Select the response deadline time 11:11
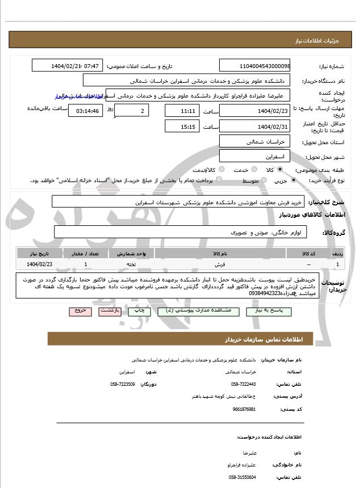click(x=182, y=111)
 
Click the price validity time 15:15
click(x=182, y=127)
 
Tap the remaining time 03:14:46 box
click(x=85, y=111)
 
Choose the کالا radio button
click(x=279, y=170)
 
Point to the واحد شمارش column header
click(x=132, y=253)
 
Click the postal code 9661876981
click(x=244, y=409)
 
